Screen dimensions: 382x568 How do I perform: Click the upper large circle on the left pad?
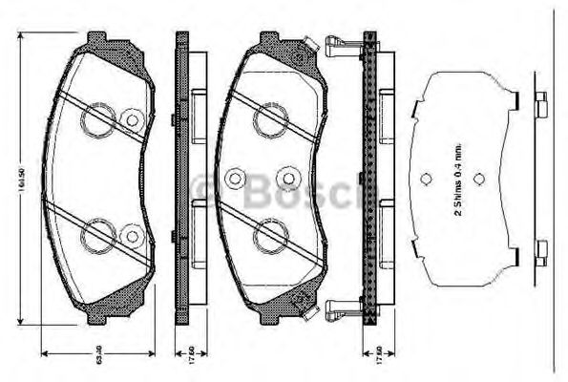coord(96,119)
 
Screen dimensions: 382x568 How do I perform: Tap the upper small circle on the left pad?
coord(132,119)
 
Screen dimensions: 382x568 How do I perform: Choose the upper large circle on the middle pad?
coord(265,119)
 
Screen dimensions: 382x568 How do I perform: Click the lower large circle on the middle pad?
coord(265,232)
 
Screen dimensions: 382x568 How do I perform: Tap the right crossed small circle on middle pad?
coord(287,178)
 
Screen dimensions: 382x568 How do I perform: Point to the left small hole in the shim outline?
coord(425,178)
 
